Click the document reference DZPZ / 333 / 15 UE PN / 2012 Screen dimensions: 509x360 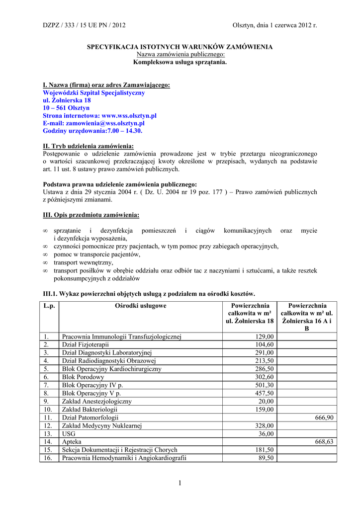77,25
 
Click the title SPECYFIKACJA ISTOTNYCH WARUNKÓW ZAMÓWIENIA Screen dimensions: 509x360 180,47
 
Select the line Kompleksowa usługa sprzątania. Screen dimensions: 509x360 180,62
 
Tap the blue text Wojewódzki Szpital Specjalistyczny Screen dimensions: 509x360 94,93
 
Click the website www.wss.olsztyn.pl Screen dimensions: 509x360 129,115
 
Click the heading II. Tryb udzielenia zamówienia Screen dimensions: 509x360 89,146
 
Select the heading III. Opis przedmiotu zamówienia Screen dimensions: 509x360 91,215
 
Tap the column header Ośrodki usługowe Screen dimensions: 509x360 141,306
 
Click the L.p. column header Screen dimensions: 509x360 49,306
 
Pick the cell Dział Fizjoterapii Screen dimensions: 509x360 85,344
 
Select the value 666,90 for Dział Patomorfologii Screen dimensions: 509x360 324,418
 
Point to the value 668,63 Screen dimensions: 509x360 324,442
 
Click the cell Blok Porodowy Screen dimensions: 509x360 83,377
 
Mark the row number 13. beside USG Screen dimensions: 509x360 48,434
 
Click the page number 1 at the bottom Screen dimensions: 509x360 180,482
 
